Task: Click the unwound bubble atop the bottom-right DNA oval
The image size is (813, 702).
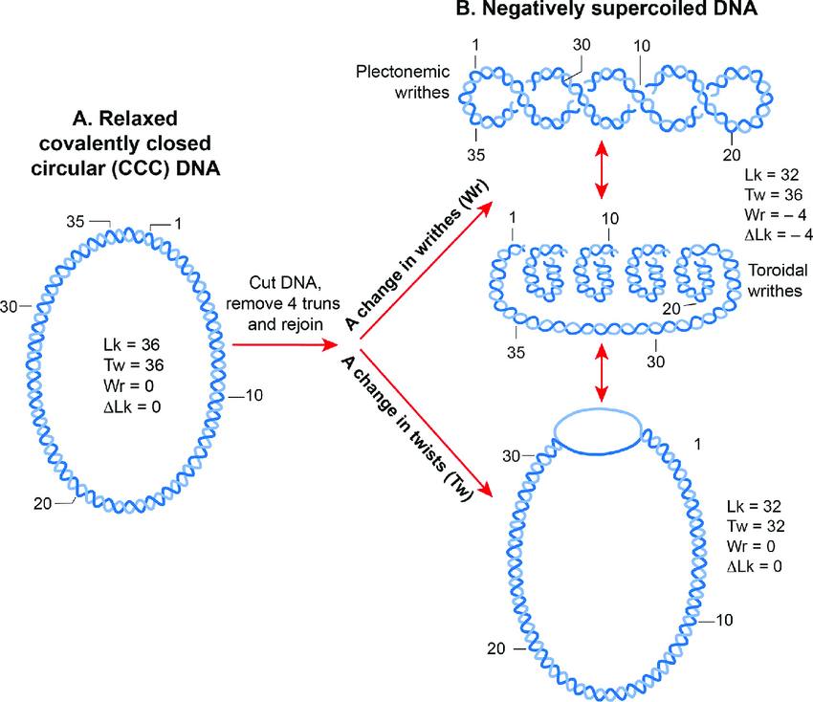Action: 597,429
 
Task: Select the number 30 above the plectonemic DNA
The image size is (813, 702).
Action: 582,46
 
